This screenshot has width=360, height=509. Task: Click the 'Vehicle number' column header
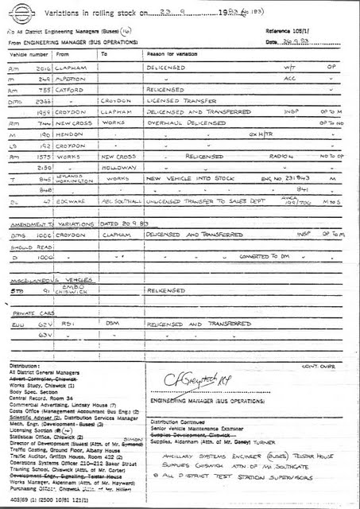point(25,53)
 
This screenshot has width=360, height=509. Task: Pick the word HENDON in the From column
point(67,136)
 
